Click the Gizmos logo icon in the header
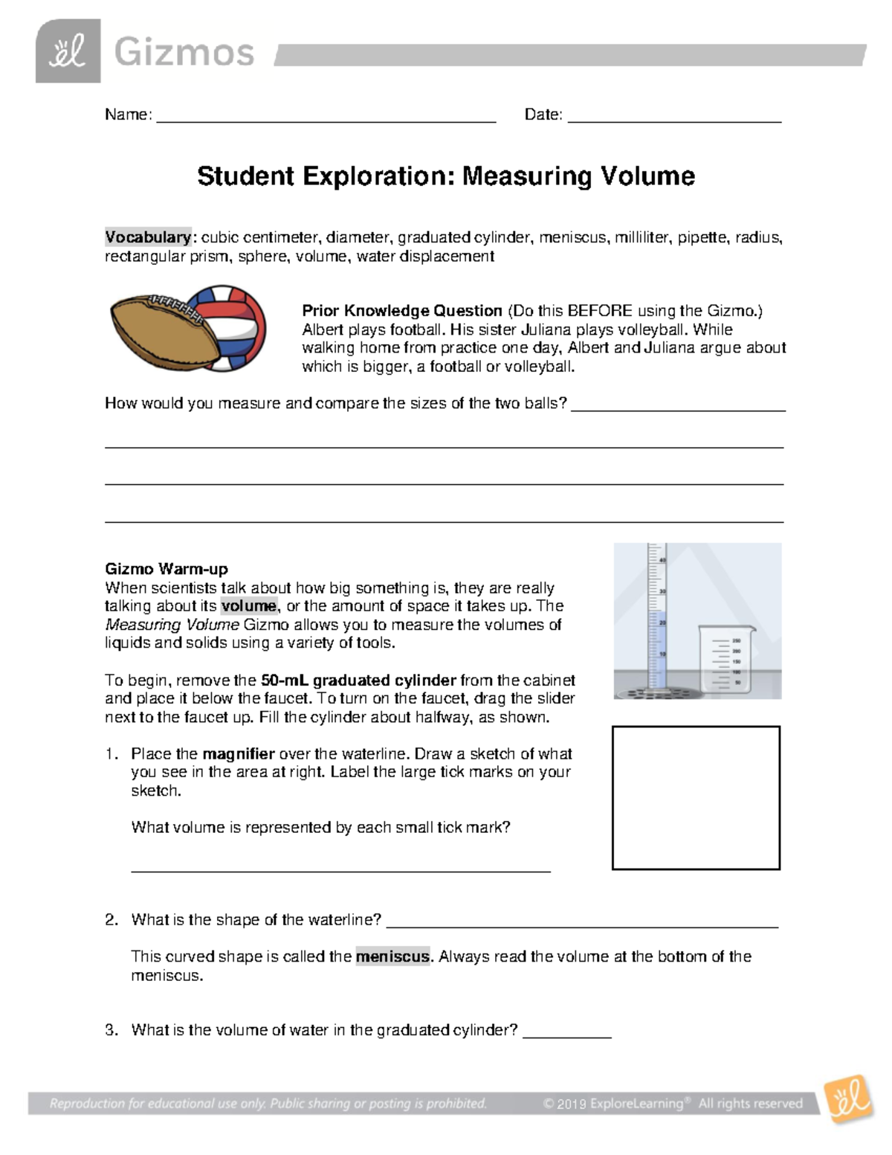click(x=68, y=51)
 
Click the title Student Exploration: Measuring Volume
click(x=446, y=176)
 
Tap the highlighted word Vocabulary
click(x=148, y=237)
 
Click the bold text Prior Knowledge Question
click(x=402, y=311)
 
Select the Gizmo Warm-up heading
click(x=166, y=569)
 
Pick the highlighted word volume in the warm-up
click(x=249, y=606)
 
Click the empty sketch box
click(x=696, y=797)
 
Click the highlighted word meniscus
click(x=392, y=956)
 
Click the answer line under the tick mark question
click(x=340, y=868)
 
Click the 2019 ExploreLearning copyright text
click(x=673, y=1104)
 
